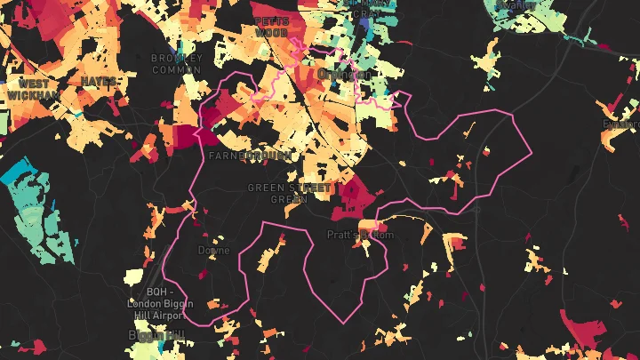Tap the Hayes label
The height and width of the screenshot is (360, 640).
98,81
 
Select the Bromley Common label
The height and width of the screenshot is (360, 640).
177,64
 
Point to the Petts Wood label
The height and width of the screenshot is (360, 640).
271,26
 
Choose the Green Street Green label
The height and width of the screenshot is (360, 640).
289,193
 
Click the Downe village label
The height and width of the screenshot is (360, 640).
213,251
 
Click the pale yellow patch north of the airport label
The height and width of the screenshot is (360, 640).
134,276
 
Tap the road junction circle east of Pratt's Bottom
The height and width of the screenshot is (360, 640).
477,210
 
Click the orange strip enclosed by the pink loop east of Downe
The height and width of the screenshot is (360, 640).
266,259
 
